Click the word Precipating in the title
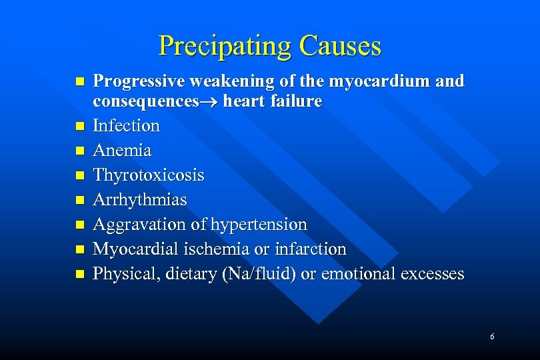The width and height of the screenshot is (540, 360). pos(225,46)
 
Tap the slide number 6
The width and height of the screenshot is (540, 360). pos(492,337)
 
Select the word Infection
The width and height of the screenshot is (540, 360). pos(126,126)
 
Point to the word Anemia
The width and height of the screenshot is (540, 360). pos(122,151)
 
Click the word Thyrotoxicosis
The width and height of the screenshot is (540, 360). pos(149,175)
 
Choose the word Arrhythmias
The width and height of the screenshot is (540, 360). pos(140,200)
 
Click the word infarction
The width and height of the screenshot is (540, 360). pos(312,249)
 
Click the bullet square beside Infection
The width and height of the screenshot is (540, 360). pos(80,126)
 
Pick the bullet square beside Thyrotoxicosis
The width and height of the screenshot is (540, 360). pos(80,175)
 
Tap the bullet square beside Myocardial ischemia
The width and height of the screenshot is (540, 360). pos(80,249)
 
